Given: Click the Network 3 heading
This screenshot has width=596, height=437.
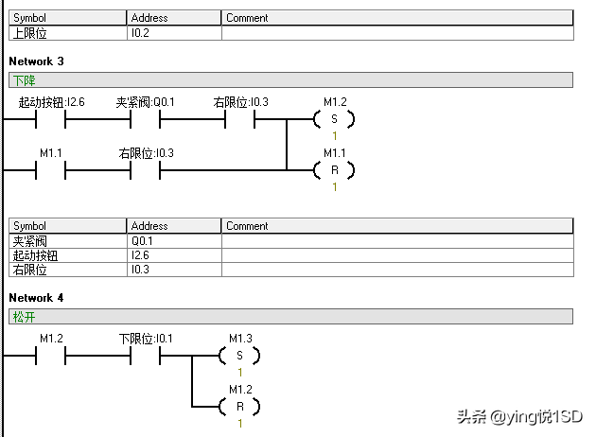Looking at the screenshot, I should [37, 61].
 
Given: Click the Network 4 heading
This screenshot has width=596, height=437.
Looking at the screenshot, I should [37, 298].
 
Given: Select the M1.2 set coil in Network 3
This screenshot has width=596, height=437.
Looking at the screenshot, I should [334, 119].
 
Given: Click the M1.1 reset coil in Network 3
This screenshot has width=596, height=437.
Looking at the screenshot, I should [334, 170].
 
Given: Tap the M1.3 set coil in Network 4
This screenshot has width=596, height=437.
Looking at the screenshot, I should [239, 356].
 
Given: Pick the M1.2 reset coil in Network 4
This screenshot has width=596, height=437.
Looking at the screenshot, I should [239, 407].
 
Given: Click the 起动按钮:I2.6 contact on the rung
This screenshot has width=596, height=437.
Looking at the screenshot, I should [51, 119].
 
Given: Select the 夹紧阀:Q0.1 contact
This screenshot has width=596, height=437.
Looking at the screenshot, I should [145, 119].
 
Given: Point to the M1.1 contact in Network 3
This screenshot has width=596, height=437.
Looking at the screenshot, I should [51, 170].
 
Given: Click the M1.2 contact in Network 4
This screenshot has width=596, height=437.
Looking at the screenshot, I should [51, 356].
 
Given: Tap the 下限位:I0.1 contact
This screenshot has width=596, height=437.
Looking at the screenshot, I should [145, 356].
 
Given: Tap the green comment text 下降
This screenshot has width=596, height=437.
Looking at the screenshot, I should [21, 80].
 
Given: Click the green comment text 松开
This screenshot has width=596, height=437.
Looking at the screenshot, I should [21, 317].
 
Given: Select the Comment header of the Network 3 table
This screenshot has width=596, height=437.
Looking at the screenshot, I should [247, 226].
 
